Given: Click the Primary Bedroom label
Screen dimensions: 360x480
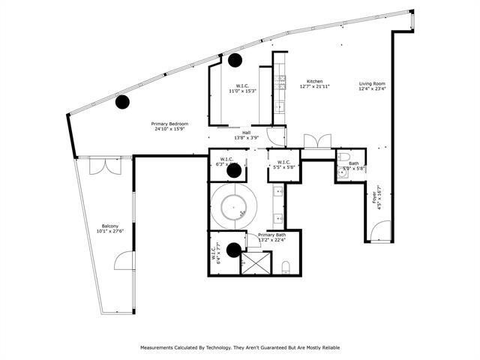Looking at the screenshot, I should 169,124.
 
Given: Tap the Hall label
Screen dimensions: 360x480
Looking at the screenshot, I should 246,132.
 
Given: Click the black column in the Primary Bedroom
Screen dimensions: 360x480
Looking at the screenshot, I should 121,102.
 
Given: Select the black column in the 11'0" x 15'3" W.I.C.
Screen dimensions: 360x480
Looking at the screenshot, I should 235,59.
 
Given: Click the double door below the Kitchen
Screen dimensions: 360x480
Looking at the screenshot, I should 316,140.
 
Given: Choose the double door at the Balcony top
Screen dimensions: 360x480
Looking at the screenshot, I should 100,165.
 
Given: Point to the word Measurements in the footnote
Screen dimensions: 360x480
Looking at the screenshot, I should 162,348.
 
